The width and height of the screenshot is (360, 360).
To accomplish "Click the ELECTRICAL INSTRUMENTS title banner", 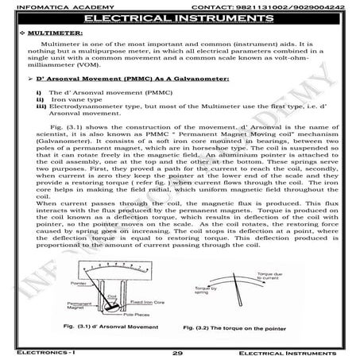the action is pyautogui.click(x=180, y=17).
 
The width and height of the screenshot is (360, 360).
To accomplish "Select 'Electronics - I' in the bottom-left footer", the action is pyautogui.click(x=36, y=351).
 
